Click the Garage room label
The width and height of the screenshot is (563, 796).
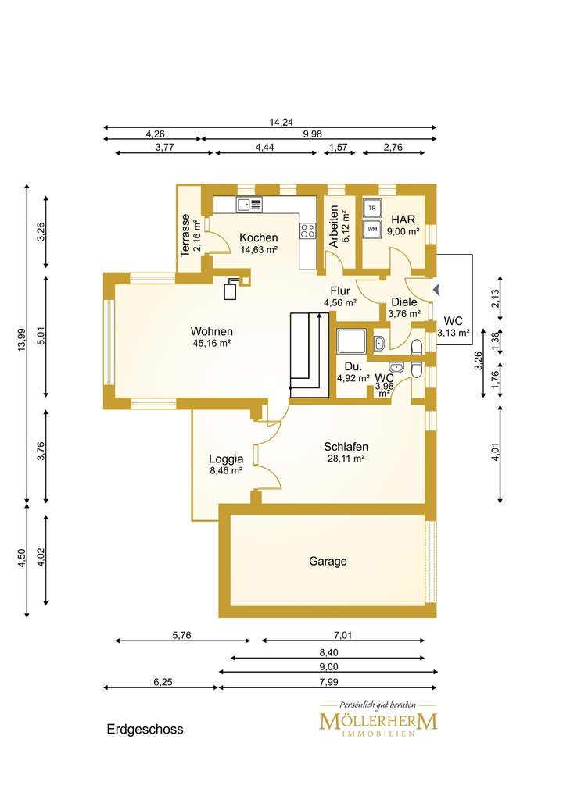coord(328,561)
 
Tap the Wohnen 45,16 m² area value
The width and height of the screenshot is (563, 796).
coord(211,343)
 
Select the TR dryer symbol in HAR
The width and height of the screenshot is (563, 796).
coord(372,208)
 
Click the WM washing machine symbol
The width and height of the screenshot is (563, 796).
coord(372,229)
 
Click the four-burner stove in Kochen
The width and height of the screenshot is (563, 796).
coord(307,231)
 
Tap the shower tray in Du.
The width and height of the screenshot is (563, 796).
coord(351,341)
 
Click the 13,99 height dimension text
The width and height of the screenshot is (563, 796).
coord(21,340)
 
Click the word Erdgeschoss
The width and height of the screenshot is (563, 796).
coord(145,730)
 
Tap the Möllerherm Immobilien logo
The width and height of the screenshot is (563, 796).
coord(378,718)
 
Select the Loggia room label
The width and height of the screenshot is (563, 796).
coord(226,459)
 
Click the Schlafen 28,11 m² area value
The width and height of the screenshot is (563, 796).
coord(346,459)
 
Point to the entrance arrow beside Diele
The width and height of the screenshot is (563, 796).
coord(436,290)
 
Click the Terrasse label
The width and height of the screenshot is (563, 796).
coord(185,234)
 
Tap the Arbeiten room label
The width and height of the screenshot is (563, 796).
coord(334,227)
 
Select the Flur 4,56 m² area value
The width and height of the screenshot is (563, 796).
coord(340,303)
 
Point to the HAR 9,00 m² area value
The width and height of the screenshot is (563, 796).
coord(403,231)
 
